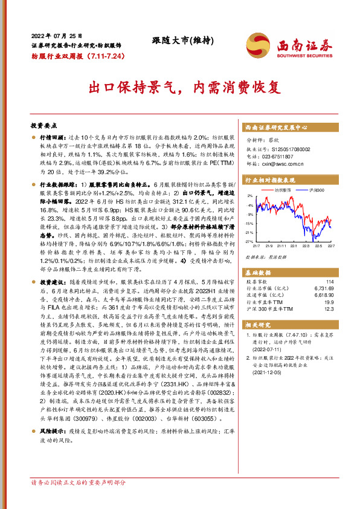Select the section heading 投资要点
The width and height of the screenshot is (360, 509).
pyautogui.click(x=43, y=125)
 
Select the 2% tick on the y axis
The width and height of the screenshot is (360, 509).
pyautogui.click(x=250, y=196)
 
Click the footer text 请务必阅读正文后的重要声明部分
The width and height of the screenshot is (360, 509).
pyautogui.click(x=79, y=483)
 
